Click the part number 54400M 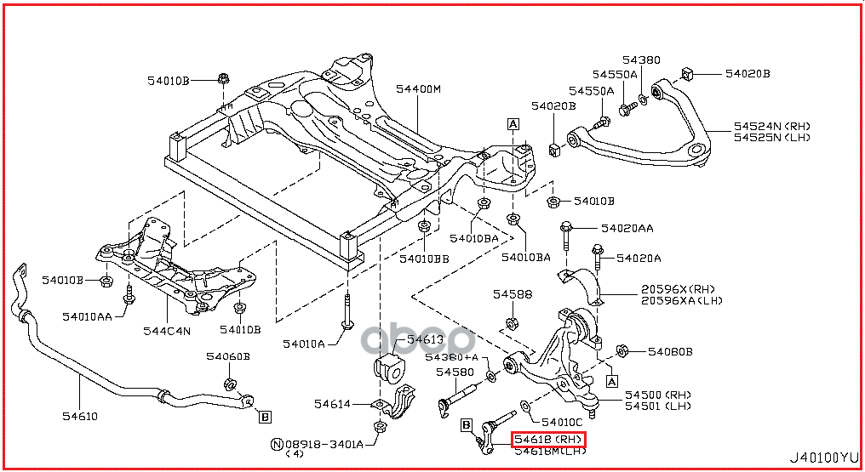tap(418, 89)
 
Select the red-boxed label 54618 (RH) tap(549, 439)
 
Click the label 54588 tap(513, 294)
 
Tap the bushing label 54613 tap(425, 339)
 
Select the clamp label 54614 tap(332, 404)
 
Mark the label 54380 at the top tap(640, 60)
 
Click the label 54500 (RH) tap(658, 395)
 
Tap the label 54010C tap(562, 422)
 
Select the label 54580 tap(455, 372)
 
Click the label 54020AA tap(627, 228)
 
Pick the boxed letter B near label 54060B tap(266, 416)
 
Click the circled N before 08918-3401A tap(276, 443)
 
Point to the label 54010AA tap(87, 316)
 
